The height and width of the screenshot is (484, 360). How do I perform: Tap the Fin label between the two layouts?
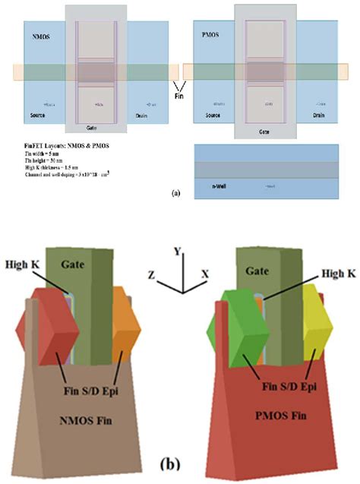[x=180, y=99]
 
